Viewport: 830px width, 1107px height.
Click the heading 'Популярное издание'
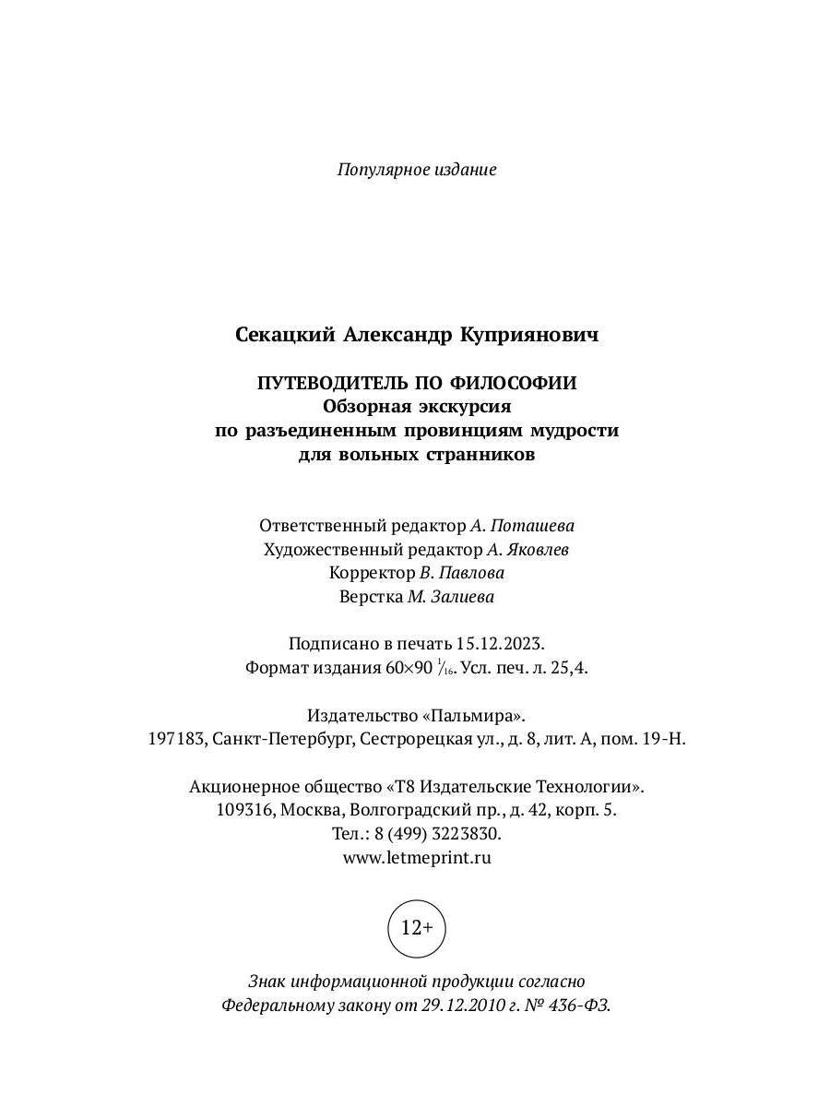pyautogui.click(x=417, y=170)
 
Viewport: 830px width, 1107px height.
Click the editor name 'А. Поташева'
pyautogui.click(x=522, y=526)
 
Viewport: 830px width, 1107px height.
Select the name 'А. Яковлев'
pyautogui.click(x=528, y=550)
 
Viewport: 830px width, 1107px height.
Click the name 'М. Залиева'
pyautogui.click(x=451, y=597)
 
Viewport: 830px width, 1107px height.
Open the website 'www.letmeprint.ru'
pyautogui.click(x=417, y=857)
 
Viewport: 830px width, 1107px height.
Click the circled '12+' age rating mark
pyautogui.click(x=417, y=927)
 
